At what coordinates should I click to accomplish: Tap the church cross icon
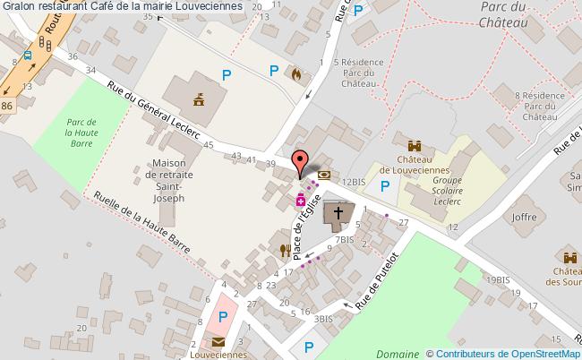tap(338, 213)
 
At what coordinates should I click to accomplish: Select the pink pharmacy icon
tap(302, 198)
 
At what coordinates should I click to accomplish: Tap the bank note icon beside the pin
tap(323, 175)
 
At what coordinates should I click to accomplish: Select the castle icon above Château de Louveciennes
tap(415, 146)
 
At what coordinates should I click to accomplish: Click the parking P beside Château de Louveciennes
tap(385, 186)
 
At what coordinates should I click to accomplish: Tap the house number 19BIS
tap(497, 280)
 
